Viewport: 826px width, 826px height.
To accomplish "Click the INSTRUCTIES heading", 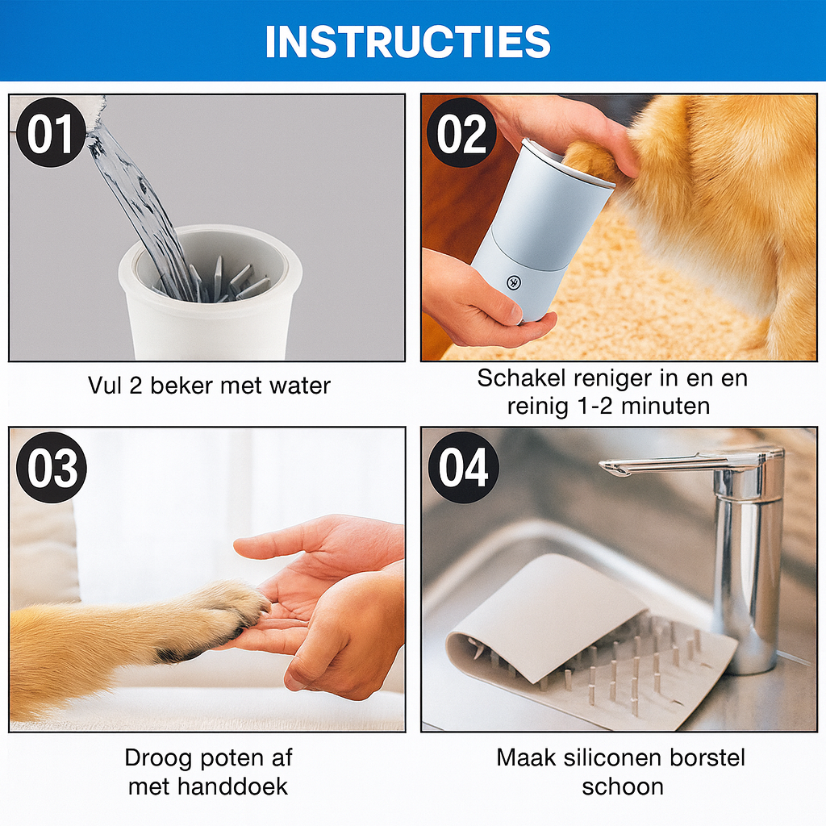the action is (x=408, y=42).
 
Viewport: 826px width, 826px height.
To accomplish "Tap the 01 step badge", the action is (x=51, y=133).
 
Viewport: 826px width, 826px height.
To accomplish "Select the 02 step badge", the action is (x=461, y=133).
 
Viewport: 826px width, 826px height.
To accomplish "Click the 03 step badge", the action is (x=51, y=467).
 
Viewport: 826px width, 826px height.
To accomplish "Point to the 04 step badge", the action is (x=463, y=467).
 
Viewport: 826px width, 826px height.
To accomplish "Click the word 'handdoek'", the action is (x=232, y=786).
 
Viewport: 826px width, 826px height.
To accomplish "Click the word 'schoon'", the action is (x=623, y=787).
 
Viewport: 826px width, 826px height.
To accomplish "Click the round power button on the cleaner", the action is (x=513, y=282).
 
